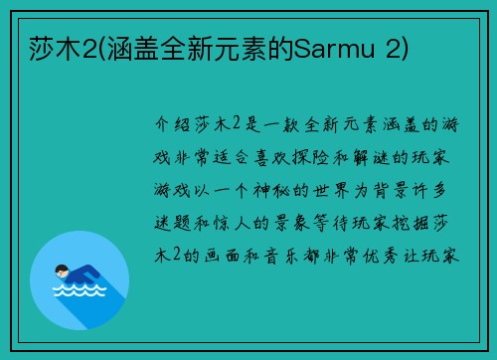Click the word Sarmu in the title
coord(325,47)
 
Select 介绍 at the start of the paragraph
coord(175,128)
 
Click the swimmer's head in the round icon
coord(63,268)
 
